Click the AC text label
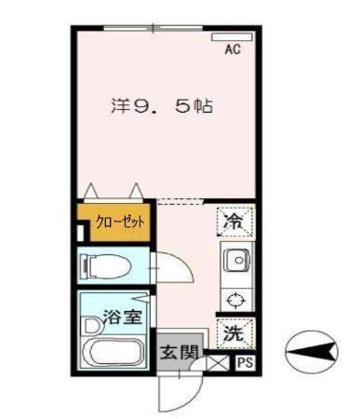(x=233, y=50)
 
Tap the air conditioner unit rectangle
(x=232, y=37)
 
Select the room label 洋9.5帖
(x=157, y=106)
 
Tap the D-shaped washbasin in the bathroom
(x=90, y=326)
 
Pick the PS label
(x=245, y=363)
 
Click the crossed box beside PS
(x=219, y=364)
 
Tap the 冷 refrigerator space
(x=235, y=221)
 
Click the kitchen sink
(x=235, y=258)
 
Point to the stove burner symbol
(x=235, y=298)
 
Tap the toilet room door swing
(x=175, y=270)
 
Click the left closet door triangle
(x=92, y=192)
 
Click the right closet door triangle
(x=137, y=192)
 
